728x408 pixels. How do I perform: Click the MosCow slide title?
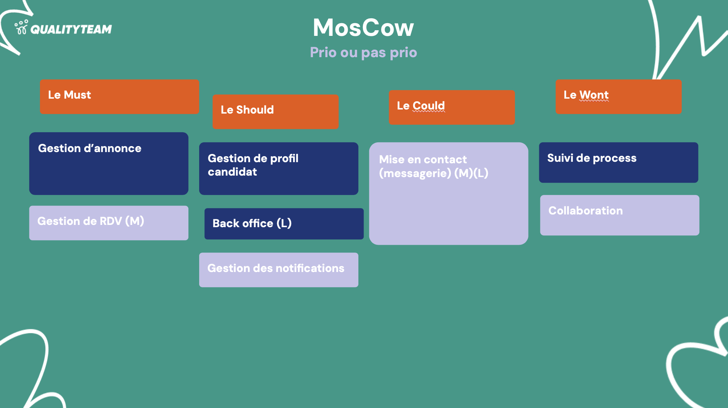click(363, 28)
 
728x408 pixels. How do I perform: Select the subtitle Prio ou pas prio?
click(363, 52)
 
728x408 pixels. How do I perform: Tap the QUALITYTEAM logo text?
click(71, 29)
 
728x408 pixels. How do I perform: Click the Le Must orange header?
click(119, 96)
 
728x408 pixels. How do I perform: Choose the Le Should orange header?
click(275, 111)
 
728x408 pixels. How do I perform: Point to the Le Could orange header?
click(452, 107)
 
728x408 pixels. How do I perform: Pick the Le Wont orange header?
click(618, 96)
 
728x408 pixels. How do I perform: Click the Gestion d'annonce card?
click(109, 163)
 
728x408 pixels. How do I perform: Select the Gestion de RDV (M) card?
click(109, 223)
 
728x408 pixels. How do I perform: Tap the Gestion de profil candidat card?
click(279, 168)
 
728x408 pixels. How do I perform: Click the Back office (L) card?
click(284, 223)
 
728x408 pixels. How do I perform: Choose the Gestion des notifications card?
click(279, 270)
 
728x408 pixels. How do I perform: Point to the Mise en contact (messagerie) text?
click(423, 166)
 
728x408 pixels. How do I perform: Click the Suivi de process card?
click(618, 162)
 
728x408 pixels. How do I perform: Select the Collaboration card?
click(619, 215)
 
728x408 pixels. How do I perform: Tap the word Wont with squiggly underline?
click(594, 95)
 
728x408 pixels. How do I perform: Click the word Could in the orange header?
click(429, 106)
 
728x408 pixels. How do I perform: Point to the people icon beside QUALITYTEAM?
click(21, 27)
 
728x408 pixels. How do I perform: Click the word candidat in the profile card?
click(232, 172)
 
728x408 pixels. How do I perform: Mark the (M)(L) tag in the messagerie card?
click(471, 173)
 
